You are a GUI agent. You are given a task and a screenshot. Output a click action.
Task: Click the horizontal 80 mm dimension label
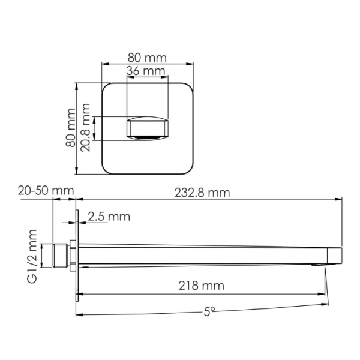click(x=147, y=58)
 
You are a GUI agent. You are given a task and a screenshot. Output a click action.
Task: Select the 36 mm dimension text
click(x=147, y=71)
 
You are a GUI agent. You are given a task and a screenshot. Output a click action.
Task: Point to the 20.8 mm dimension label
click(x=86, y=127)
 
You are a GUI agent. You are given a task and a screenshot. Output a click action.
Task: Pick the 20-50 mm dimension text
click(x=46, y=191)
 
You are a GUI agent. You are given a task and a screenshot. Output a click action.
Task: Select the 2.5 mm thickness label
click(x=109, y=216)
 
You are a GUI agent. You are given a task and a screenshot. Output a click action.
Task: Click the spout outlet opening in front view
click(x=147, y=129)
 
